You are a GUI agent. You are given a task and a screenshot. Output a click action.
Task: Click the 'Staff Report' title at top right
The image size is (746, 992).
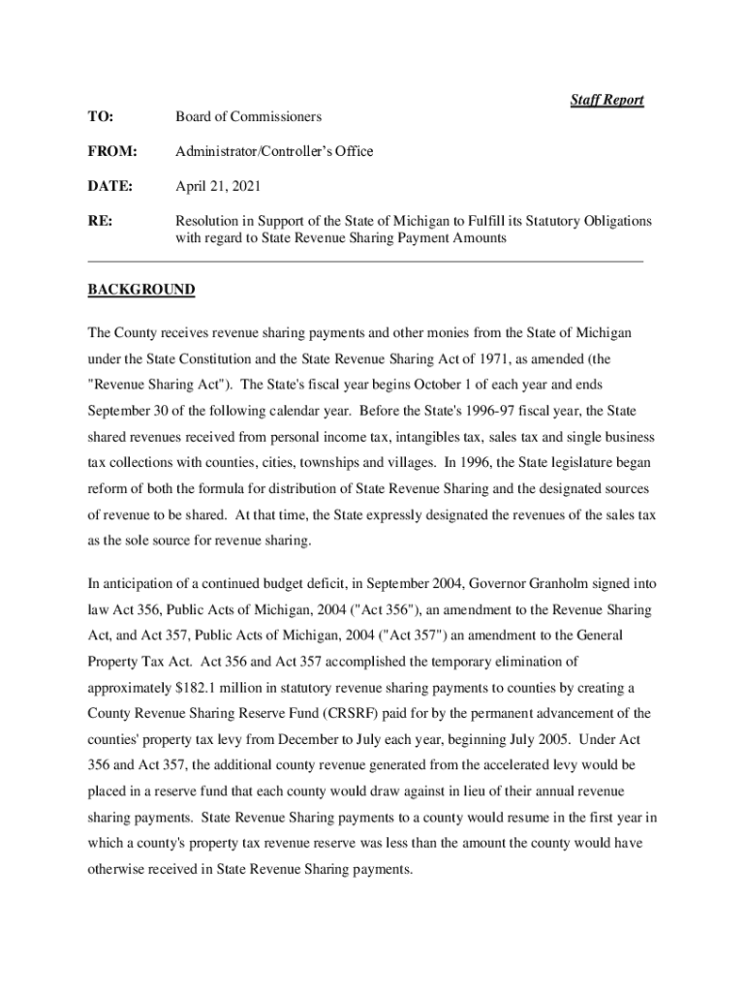click(606, 100)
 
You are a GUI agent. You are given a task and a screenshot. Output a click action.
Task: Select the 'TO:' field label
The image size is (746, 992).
click(100, 117)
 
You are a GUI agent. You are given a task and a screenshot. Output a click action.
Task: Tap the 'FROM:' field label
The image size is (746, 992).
click(111, 152)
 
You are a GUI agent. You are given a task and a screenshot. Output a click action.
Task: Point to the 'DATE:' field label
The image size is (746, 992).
click(109, 186)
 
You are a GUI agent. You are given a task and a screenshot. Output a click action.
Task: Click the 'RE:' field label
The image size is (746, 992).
click(100, 221)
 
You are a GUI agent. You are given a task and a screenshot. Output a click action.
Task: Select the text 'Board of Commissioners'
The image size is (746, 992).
click(248, 117)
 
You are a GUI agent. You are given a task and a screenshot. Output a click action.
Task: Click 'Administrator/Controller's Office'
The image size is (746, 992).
click(274, 152)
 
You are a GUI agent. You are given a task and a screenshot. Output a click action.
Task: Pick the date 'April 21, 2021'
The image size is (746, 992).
click(218, 186)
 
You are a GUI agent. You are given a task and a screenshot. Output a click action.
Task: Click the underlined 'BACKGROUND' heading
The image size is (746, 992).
click(141, 290)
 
